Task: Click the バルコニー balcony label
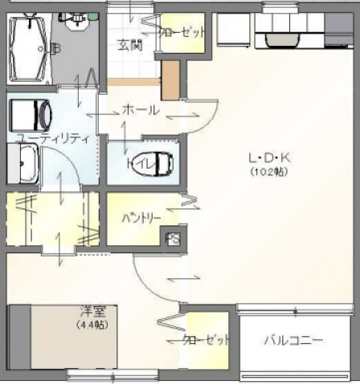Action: coord(294,341)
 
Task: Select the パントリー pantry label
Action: coord(141,218)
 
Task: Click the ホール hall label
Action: coord(140,111)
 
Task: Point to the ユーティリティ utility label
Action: coord(52,138)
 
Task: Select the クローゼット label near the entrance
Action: coord(182,33)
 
